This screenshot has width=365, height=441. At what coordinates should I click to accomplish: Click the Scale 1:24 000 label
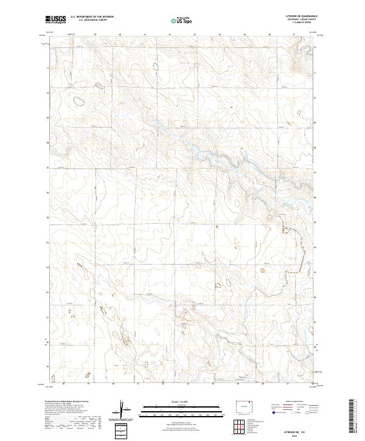pos(182,402)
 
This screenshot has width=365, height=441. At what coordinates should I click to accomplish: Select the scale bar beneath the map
pos(182,409)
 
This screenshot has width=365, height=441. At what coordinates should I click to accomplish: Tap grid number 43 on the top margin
pos(195,35)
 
